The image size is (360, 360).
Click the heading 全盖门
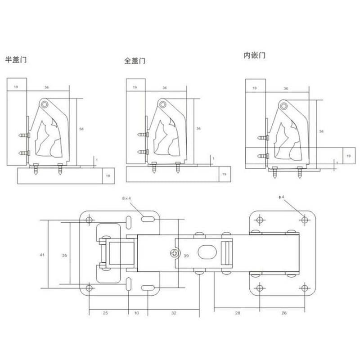(x=135, y=61)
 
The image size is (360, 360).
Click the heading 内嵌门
(x=254, y=55)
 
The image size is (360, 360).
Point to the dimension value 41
(x=42, y=255)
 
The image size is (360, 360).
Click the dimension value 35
(x=64, y=255)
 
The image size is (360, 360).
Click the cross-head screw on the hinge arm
(x=173, y=255)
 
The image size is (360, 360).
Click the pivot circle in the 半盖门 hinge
(x=45, y=104)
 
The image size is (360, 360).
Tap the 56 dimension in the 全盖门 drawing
(x=198, y=129)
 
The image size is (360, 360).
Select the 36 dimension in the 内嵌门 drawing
(x=286, y=89)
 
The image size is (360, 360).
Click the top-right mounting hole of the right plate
(x=305, y=220)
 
